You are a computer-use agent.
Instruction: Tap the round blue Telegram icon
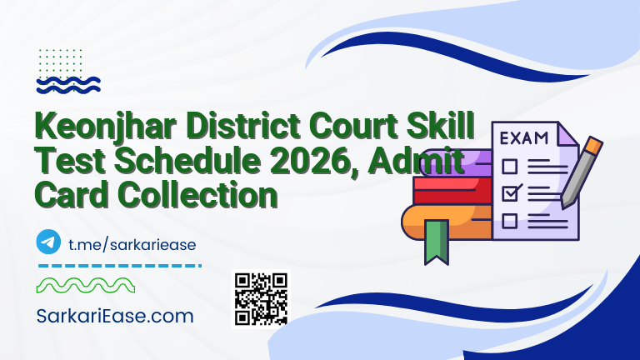(x=49, y=242)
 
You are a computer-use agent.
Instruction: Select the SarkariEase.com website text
(x=115, y=316)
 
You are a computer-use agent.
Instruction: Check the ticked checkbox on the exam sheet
(x=510, y=192)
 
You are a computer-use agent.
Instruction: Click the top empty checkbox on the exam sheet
(x=509, y=164)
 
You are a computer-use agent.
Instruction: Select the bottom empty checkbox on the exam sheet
(x=509, y=221)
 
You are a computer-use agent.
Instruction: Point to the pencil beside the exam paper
(x=581, y=175)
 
